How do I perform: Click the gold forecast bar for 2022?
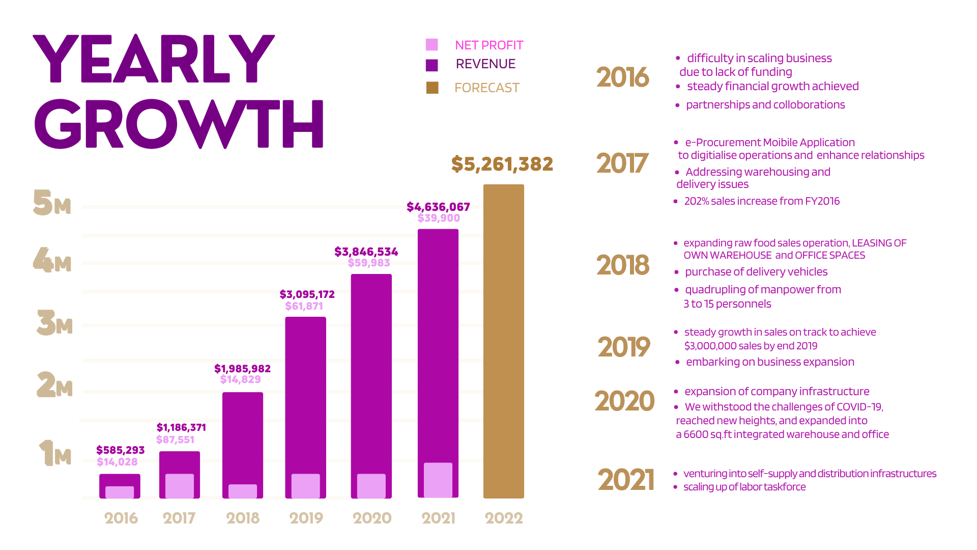(x=503, y=341)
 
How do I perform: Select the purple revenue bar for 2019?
(x=305, y=407)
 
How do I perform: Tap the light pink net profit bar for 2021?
(x=438, y=480)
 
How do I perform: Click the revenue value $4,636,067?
(x=438, y=207)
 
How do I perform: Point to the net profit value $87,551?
(x=175, y=439)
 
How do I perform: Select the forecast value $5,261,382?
(x=502, y=164)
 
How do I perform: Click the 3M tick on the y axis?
(x=54, y=322)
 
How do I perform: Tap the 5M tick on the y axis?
(x=51, y=202)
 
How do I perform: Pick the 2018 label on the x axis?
(x=243, y=518)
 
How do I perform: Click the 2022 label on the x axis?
(x=504, y=518)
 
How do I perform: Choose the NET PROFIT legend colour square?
(x=432, y=45)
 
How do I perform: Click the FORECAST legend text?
(x=487, y=88)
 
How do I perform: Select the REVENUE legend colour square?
(x=432, y=65)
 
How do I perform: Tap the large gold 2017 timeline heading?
(x=622, y=163)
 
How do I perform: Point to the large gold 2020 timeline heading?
(x=624, y=401)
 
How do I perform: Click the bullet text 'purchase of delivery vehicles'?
(x=756, y=272)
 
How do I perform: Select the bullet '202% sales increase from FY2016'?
(x=762, y=201)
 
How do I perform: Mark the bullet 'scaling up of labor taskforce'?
(x=744, y=487)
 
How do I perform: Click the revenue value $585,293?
(x=121, y=450)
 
